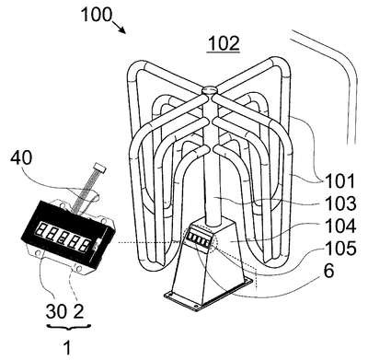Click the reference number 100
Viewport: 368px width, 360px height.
click(97, 15)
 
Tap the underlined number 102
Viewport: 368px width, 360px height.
click(224, 44)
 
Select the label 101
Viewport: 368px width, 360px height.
click(339, 181)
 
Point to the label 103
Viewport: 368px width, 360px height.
click(340, 203)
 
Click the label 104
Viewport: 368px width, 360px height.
click(340, 226)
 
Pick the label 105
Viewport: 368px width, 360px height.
click(340, 249)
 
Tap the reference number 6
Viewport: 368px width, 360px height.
click(328, 271)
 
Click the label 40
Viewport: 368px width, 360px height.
click(21, 158)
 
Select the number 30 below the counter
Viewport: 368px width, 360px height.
click(56, 311)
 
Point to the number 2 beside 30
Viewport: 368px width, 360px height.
click(78, 311)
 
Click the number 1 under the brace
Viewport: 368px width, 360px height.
click(67, 348)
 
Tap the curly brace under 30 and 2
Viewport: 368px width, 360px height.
click(68, 327)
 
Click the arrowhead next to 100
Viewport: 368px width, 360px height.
click(121, 29)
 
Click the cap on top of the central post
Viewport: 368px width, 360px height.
click(210, 90)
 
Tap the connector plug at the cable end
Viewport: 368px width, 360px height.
click(100, 167)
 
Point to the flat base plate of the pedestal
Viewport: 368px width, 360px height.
click(210, 293)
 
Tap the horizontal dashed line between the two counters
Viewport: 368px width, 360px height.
click(149, 242)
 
